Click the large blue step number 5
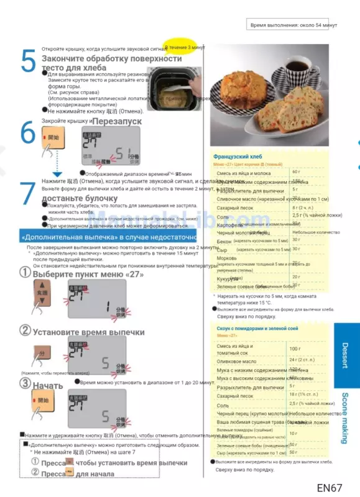pos(27,62)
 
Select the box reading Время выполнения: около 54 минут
pos(292,25)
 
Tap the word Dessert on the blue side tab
pos(345,355)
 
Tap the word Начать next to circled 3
pos(48,385)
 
